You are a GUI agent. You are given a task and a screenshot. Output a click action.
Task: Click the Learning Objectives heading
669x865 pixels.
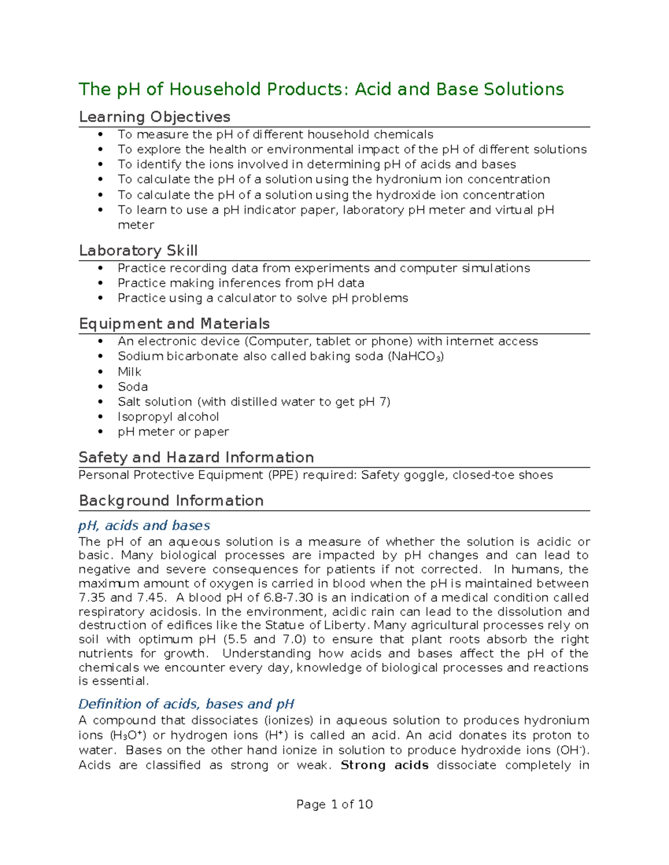pos(154,117)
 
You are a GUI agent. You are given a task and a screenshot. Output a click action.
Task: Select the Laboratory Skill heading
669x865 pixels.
pos(138,251)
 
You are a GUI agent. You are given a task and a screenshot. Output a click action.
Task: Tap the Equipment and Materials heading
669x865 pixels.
pos(174,324)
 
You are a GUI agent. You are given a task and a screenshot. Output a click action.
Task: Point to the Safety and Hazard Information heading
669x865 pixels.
pos(196,457)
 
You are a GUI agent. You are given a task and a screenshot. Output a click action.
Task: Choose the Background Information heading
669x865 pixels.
pos(171,501)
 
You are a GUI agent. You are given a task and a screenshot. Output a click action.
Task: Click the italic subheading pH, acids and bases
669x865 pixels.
pos(144,525)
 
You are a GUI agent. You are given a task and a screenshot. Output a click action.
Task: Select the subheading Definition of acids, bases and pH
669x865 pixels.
pos(186,704)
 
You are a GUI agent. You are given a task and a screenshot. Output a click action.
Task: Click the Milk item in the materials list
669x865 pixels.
pos(129,372)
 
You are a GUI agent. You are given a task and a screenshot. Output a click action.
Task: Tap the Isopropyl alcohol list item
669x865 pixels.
pos(168,417)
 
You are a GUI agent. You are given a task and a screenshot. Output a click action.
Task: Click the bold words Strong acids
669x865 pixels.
pos(384,765)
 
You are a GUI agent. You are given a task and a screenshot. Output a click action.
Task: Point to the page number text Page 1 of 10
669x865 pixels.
pos(334,804)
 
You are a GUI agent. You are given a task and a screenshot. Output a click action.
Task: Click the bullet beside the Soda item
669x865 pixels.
pos(100,387)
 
